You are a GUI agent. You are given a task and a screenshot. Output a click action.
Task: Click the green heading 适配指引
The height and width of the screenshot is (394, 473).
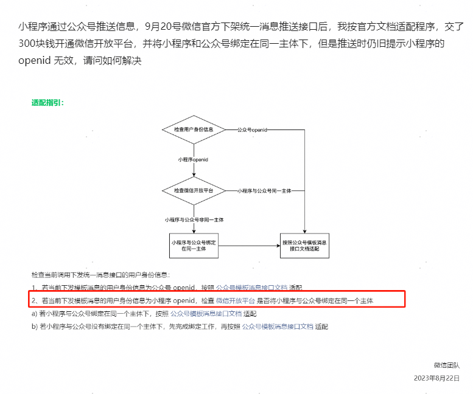click(x=47, y=103)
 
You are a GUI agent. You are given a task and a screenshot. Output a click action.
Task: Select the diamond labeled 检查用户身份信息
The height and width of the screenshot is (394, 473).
click(x=193, y=130)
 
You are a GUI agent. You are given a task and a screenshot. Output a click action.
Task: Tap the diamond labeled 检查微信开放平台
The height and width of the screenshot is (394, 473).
click(x=193, y=190)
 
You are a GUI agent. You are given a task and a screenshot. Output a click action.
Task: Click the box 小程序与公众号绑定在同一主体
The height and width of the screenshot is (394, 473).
click(x=193, y=245)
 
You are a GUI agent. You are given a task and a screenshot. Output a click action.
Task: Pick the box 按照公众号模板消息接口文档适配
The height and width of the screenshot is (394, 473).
click(x=304, y=245)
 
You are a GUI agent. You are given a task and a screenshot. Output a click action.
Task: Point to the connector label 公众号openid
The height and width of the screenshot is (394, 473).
click(x=251, y=130)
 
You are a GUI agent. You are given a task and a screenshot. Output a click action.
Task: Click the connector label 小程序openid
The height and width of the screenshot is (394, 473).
click(x=193, y=159)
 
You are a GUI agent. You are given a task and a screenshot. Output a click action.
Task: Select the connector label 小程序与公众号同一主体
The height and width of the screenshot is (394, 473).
click(x=264, y=191)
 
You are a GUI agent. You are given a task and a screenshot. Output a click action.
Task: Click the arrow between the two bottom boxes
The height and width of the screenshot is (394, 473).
click(x=248, y=246)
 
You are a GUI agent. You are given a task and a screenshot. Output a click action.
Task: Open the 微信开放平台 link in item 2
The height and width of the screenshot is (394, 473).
click(x=235, y=301)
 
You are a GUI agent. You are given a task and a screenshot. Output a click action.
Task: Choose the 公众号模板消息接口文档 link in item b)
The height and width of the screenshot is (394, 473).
click(x=278, y=327)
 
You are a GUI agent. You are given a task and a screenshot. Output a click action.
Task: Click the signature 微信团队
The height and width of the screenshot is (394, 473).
click(x=446, y=365)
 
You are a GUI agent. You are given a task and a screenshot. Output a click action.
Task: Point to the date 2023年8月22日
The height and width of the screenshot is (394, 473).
click(x=436, y=378)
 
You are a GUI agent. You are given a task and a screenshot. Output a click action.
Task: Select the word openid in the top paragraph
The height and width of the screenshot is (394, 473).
click(x=35, y=61)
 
